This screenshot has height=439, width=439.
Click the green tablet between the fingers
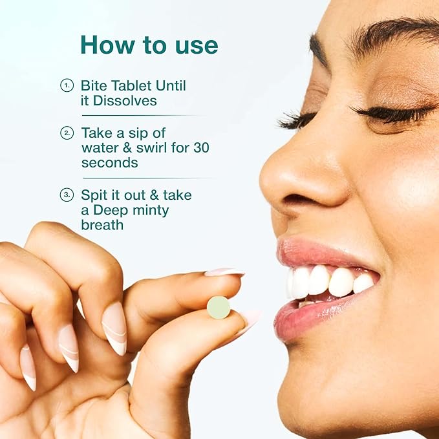[x=219, y=307]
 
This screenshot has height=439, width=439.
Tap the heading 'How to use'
[x=149, y=45]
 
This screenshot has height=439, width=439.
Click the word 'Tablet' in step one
[x=133, y=85]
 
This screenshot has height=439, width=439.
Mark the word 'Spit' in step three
[x=94, y=195]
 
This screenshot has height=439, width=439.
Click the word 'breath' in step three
[x=102, y=225]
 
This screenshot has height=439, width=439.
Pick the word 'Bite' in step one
[x=94, y=85]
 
